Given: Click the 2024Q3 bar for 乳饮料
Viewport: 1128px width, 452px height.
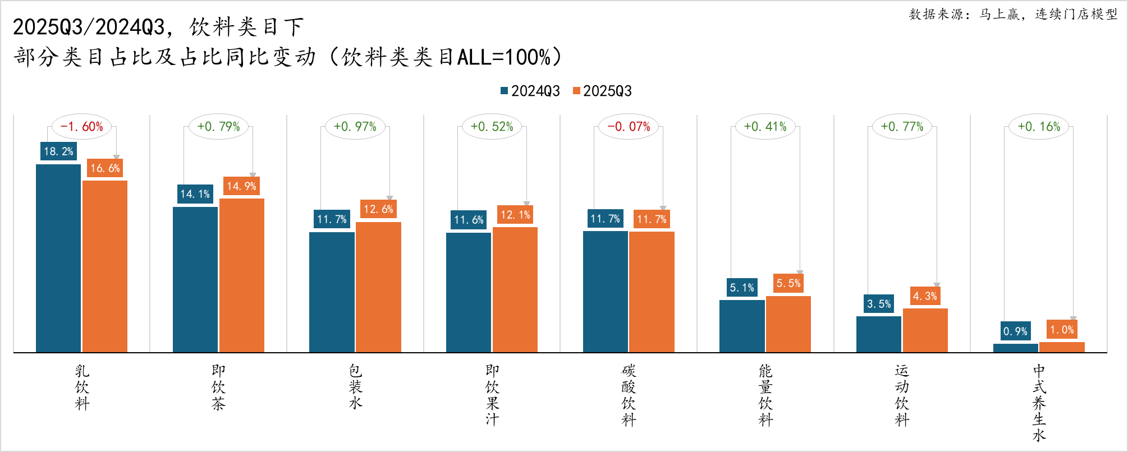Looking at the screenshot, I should click(58, 258).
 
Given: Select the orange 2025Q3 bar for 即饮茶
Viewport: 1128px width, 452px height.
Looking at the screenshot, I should click(242, 275).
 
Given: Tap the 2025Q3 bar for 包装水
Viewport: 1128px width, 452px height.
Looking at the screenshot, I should click(378, 287).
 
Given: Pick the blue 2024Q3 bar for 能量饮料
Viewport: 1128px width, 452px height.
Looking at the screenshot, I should click(742, 326).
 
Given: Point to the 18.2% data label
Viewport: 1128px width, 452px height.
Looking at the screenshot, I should click(58, 151).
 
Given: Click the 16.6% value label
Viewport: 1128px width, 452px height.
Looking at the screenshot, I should click(105, 168).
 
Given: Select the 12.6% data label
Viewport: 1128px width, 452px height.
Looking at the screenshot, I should click(378, 209).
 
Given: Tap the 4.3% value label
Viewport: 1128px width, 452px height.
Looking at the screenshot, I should click(925, 296).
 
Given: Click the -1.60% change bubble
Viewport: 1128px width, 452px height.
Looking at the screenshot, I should click(81, 127).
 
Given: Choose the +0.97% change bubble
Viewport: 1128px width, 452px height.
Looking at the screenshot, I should click(355, 127).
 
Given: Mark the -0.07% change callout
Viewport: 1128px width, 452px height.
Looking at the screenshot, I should click(629, 127).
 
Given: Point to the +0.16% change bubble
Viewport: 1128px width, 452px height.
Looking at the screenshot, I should click(1039, 127).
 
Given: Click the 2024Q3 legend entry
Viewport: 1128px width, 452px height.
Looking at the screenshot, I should click(530, 91).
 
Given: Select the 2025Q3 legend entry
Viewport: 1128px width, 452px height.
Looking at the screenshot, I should click(602, 91).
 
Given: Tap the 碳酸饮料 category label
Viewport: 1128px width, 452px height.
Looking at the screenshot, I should click(629, 395).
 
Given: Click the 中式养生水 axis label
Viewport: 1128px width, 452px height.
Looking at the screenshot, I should click(1039, 403).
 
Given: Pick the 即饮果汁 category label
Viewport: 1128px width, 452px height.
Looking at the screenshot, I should click(492, 395).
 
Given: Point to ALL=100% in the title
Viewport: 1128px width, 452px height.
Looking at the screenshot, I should click(503, 57).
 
